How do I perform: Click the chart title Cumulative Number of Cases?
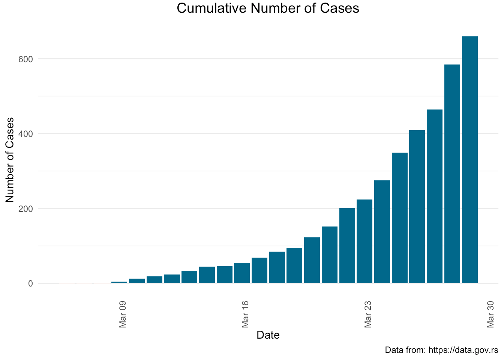click(x=268, y=8)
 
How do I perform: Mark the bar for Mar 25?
click(x=400, y=218)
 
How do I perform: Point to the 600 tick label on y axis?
click(x=25, y=59)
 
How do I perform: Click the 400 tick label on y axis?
click(x=25, y=134)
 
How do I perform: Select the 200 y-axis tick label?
click(x=25, y=208)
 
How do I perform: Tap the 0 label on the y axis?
click(x=30, y=283)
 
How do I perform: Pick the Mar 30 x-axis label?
click(x=491, y=314)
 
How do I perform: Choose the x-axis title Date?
click(x=268, y=335)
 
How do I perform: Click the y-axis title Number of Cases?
click(x=10, y=160)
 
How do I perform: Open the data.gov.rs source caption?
click(x=441, y=350)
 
